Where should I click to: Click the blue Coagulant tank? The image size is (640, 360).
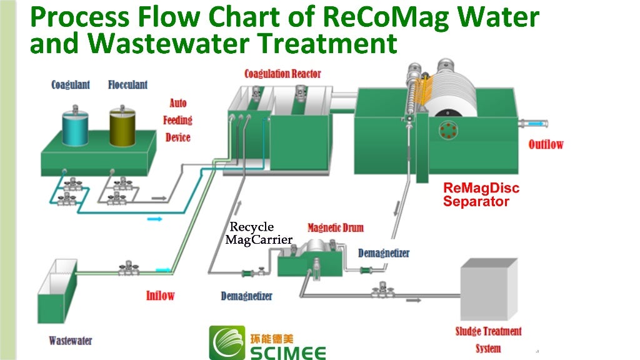point(75,127)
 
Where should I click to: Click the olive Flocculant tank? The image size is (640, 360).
point(122,127)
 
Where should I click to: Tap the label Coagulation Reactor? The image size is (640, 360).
point(282,74)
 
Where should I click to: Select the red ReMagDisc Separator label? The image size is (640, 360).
point(481,195)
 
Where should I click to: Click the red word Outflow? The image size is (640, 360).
point(546,144)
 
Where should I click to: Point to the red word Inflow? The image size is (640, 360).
point(160,295)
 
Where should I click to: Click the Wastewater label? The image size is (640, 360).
point(71,341)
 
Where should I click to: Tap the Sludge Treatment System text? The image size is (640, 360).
point(488,339)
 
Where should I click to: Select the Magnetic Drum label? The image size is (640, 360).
point(335,227)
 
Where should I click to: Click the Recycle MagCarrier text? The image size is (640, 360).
point(258,233)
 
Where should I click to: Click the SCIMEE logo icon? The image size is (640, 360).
point(227,343)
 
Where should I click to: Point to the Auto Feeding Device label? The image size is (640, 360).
point(177,120)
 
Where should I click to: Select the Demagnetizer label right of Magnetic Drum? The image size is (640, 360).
point(384,253)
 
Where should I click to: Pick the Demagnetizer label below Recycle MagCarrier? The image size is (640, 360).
point(246,296)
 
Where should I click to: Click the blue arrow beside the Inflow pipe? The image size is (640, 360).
point(163,269)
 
